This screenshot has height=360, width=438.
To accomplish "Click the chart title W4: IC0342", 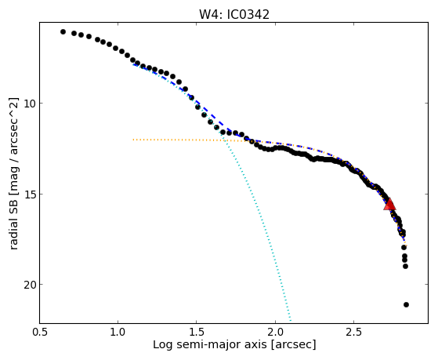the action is coord(234,15).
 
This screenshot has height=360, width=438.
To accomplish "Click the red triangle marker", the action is coord(389,204).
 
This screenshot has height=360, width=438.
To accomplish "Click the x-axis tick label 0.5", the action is coord(39,332).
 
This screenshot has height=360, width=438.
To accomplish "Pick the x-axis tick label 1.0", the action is coord(118,332).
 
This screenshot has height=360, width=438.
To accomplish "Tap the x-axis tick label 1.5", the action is coord(197,332).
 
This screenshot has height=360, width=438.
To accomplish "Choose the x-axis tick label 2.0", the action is coord(275,332).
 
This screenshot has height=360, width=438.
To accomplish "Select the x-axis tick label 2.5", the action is coord(353,332).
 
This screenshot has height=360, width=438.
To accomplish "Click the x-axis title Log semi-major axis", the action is coord(209,344).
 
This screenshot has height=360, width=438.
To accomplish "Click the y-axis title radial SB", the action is coord(13,220).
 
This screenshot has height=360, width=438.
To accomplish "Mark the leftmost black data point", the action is coord(63,32).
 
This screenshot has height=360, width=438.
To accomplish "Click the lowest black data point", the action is coord(406,304).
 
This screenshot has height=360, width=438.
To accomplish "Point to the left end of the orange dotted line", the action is coord(133,140).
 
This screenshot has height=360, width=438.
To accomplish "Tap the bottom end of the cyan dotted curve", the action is coord(291,321).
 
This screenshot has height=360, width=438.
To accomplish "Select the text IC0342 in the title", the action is coord(248,15).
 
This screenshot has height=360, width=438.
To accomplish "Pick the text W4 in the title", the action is coord(208,15).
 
